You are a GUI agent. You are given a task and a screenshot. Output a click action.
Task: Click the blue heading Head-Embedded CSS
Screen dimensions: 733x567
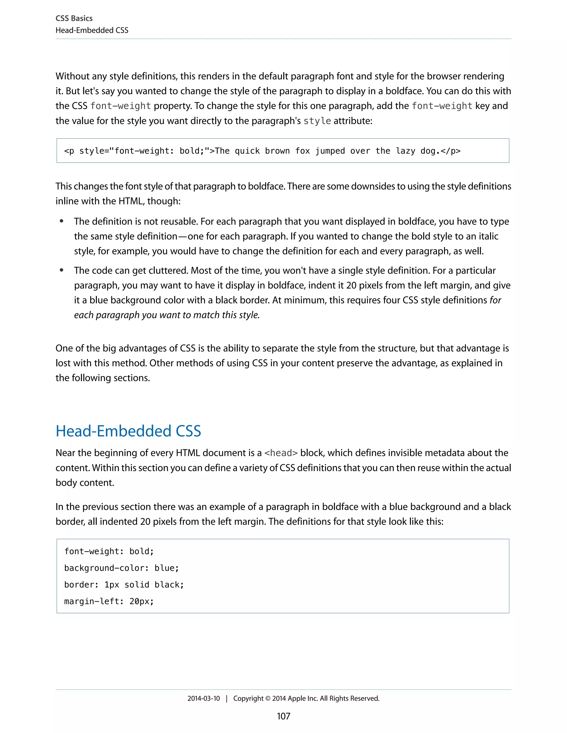128,431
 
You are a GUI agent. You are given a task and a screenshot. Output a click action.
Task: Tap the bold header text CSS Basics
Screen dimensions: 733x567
74,19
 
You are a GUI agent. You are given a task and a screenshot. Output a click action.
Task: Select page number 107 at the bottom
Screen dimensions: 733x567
283,716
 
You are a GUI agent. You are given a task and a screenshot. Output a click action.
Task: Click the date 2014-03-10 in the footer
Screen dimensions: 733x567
203,698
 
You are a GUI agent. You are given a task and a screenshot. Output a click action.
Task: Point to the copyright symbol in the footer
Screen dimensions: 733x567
267,698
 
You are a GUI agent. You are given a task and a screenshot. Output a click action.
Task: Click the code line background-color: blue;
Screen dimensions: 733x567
121,568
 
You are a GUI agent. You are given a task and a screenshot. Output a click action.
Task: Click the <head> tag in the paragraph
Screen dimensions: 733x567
281,453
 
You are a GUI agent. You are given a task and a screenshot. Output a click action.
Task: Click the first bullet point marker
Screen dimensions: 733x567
61,221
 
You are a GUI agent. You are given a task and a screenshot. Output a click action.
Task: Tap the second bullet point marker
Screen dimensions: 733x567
61,270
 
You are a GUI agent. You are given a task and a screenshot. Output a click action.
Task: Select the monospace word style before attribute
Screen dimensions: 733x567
317,121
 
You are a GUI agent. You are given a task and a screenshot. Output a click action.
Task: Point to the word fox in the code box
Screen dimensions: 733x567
302,151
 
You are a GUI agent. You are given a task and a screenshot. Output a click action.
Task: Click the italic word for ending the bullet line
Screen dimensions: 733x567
495,300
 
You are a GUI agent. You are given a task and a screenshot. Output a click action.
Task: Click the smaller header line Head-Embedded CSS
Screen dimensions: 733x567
92,30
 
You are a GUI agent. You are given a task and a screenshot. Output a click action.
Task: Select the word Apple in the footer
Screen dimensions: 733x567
297,698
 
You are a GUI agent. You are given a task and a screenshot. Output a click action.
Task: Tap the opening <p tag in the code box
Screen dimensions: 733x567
69,151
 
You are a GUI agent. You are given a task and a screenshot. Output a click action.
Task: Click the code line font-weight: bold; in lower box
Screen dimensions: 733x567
109,552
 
